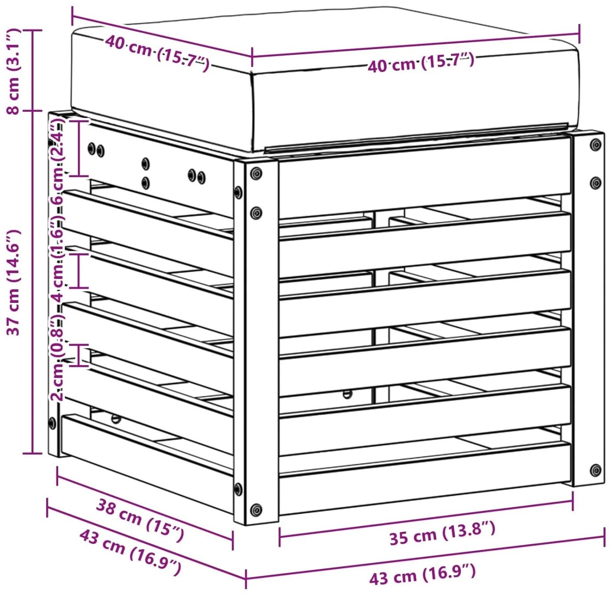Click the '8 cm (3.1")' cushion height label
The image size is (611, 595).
pos(13,71)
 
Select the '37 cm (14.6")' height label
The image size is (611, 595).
pos(13,282)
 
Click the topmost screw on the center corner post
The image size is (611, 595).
pos(256,173)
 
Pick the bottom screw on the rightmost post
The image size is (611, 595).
pos(595,470)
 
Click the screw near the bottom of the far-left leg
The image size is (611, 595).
pos(52,423)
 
